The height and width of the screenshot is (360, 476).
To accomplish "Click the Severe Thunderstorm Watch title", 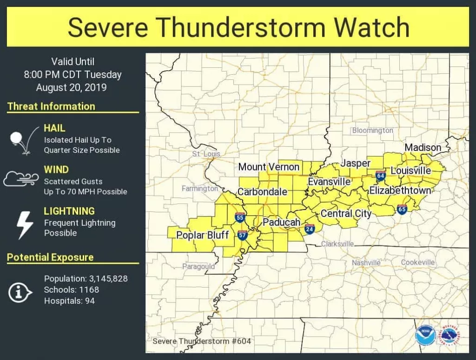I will [x=238, y=27].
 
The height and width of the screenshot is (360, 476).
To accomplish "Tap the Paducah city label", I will [x=281, y=223].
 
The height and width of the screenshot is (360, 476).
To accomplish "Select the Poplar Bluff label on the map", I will [x=202, y=235].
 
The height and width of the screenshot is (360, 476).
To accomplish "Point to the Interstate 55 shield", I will [x=240, y=217].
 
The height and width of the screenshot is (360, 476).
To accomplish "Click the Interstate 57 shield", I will [x=242, y=235].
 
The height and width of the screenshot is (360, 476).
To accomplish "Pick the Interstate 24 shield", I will [x=310, y=229].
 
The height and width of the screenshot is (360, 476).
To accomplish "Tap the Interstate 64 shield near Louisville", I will [x=381, y=176].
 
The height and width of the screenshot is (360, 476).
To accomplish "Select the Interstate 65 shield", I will [x=402, y=209].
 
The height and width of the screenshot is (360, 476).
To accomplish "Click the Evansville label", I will [x=329, y=182].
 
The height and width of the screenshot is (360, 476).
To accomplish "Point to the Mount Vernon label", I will [x=269, y=167].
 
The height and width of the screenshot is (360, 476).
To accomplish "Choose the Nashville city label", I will [x=366, y=263].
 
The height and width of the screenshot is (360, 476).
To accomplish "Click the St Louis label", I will [x=206, y=154].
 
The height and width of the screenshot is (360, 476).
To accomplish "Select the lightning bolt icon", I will [x=24, y=225].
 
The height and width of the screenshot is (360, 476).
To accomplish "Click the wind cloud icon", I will [x=21, y=178].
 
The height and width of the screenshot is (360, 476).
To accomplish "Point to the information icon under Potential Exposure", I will [x=20, y=292].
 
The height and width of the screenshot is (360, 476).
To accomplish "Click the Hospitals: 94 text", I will [x=69, y=301].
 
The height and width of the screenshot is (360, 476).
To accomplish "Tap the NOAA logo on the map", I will [x=425, y=335].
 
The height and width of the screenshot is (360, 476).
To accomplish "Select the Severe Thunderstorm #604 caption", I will [x=202, y=341].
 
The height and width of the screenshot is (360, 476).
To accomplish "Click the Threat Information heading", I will [x=51, y=106].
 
